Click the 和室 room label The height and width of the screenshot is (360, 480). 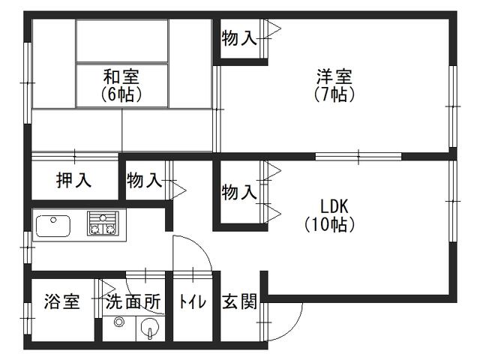tap(121, 76)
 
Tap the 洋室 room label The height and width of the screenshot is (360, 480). tap(334, 76)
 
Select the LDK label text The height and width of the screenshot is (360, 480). tap(334, 206)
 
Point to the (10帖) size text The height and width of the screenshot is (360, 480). tap(330, 225)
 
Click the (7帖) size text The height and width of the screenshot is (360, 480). tap(334, 94)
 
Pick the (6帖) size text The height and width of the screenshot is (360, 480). tap(121, 94)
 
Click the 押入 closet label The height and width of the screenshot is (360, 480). tap(73, 180)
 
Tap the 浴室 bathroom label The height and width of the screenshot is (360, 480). tap(62, 301)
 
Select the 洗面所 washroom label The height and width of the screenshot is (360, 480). tap(133, 301)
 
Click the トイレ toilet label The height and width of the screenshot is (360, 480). tap(193, 301)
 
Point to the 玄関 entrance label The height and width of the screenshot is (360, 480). tap(239, 301)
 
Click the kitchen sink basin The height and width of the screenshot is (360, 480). tap(53, 226)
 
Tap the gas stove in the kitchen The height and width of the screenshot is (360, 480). tap(103, 223)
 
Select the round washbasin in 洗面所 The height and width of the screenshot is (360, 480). tap(149, 328)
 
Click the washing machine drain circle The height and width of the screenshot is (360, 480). tap(118, 322)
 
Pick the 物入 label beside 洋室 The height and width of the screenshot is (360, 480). tap(239, 38)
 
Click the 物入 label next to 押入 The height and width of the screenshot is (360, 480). tap(144, 180)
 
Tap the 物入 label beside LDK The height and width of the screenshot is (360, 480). tap(239, 193)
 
